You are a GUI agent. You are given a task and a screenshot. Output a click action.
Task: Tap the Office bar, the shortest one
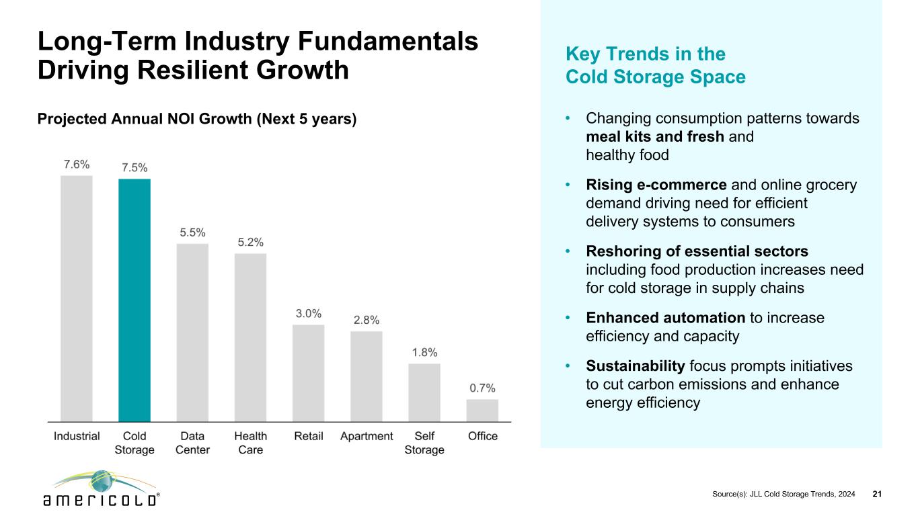tap(482, 410)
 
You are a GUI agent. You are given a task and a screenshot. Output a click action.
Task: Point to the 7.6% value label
tap(77, 165)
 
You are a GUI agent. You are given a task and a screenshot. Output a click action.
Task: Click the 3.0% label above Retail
tap(309, 314)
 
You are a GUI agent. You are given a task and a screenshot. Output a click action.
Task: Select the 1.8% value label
tap(424, 352)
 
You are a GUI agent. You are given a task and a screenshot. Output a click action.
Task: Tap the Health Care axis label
tap(251, 443)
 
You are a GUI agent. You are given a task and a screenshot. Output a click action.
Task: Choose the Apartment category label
tap(367, 436)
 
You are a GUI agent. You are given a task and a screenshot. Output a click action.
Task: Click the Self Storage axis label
tap(424, 443)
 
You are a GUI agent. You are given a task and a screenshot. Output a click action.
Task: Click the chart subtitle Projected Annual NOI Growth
tap(196, 120)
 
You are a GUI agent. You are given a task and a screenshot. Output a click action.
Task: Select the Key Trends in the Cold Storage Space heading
tap(656, 65)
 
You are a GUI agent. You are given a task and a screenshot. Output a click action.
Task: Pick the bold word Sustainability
tap(636, 366)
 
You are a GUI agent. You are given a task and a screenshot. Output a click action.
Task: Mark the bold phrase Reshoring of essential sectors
tap(697, 251)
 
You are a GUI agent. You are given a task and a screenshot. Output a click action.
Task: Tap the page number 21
tap(876, 494)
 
